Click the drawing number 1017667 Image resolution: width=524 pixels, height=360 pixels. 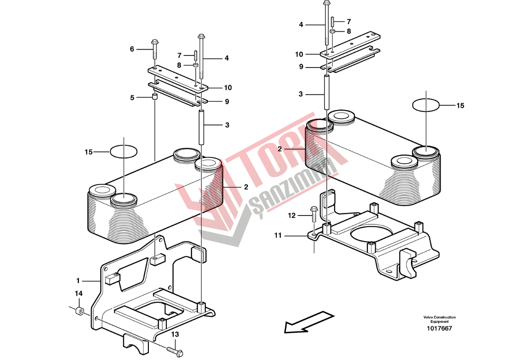[x=439, y=328]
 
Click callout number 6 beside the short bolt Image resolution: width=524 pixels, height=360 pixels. [x=132, y=49]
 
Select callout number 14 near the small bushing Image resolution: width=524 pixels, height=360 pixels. [x=79, y=293]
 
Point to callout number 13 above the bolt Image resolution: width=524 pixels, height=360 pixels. [x=175, y=334]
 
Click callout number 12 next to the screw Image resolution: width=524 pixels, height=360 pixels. [x=292, y=216]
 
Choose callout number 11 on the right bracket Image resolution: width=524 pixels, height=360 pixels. [x=278, y=236]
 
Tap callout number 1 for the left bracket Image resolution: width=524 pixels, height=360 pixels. [x=78, y=281]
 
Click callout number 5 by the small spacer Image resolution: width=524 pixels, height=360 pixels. [x=132, y=97]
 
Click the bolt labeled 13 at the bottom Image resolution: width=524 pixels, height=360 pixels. [x=174, y=350]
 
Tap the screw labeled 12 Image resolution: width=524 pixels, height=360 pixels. [x=314, y=215]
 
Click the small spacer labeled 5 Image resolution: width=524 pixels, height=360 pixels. [x=155, y=97]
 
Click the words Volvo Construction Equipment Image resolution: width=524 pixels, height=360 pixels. [x=439, y=319]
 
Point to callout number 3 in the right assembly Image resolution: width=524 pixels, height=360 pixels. [x=301, y=94]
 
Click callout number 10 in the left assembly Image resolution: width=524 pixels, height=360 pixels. [x=228, y=88]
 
